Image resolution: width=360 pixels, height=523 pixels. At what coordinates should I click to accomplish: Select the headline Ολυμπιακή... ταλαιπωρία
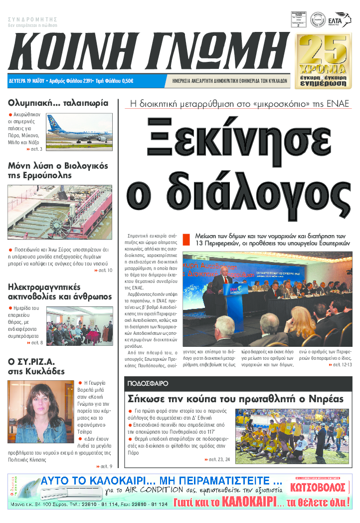[58, 103]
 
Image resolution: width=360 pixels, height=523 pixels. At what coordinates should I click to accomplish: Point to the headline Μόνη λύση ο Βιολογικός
[58, 166]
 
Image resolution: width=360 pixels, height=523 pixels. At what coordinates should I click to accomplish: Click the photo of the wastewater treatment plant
[60, 212]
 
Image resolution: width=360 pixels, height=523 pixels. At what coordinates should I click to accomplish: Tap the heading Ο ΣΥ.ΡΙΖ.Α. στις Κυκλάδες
[36, 366]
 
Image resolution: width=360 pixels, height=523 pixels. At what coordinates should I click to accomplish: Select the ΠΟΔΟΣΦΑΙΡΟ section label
[148, 384]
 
